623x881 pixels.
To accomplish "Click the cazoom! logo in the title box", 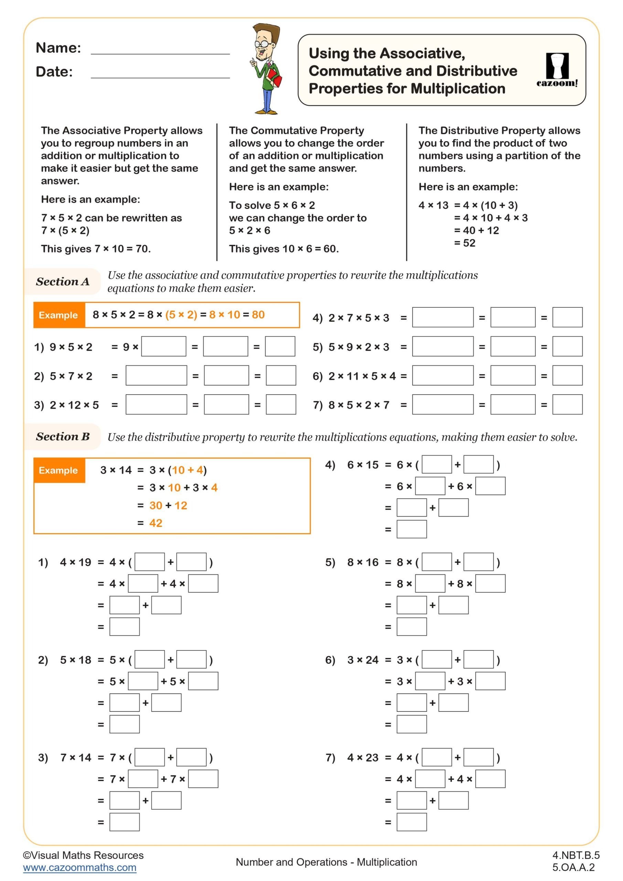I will (557, 70).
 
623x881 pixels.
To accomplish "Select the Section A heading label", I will (63, 282).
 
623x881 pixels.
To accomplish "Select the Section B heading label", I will (63, 437).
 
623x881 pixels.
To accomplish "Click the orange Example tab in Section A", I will (59, 315).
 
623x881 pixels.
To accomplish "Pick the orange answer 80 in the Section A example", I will (258, 315).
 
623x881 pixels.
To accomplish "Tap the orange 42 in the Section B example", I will (156, 523).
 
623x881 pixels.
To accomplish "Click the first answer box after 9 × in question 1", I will (164, 347).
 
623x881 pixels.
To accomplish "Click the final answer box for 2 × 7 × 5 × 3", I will (567, 317).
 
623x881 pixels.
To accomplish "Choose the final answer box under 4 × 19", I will (124, 627).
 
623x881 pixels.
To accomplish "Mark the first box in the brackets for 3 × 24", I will (437, 660).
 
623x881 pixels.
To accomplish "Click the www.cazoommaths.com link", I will (79, 868).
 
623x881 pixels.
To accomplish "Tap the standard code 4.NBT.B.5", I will (576, 855).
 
